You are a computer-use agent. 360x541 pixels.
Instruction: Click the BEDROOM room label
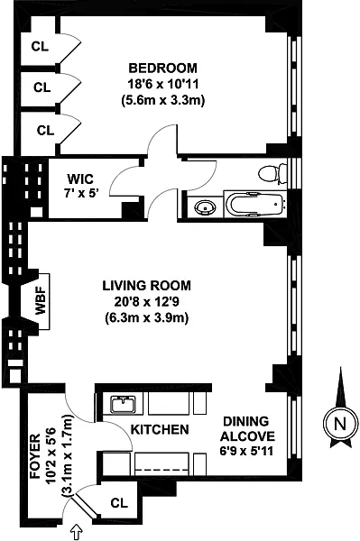[x=163, y=68]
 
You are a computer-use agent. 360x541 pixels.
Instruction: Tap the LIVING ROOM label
[x=147, y=286]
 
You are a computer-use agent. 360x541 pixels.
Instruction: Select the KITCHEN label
[x=160, y=429]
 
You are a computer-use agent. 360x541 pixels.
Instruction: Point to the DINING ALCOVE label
[x=247, y=429]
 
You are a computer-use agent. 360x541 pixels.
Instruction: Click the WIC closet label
[x=80, y=179]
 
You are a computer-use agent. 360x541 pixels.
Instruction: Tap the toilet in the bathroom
[x=272, y=173]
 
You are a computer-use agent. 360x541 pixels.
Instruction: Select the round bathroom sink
[x=206, y=207]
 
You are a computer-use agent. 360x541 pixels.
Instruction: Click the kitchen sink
[x=124, y=404]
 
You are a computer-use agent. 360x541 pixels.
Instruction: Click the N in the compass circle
[x=341, y=424]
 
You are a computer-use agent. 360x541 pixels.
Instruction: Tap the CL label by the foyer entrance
[x=119, y=503]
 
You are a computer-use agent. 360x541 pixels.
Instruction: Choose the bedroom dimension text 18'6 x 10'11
[x=163, y=84]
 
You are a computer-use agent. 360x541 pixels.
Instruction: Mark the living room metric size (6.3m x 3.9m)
[x=147, y=317]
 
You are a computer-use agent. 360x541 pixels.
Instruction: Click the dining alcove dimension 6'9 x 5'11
[x=246, y=451]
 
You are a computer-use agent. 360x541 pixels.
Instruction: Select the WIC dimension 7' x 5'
[x=81, y=193]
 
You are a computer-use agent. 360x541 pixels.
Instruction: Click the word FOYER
[x=35, y=456]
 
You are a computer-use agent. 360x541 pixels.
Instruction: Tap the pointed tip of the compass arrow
[x=341, y=368]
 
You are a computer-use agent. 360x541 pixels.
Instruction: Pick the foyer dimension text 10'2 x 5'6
[x=51, y=456]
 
